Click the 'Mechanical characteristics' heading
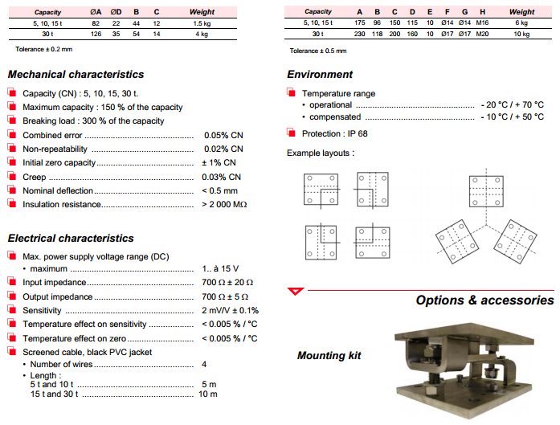pos(76,75)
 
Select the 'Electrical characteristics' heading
pos(71,239)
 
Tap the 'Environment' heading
pos(320,75)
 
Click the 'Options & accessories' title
pos(484,300)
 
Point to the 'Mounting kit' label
pos(329,355)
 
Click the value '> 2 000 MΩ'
pos(224,204)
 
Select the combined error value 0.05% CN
pos(223,135)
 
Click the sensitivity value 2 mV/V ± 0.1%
pos(230,310)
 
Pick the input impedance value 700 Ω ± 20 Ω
pos(227,283)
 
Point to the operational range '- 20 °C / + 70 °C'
pos(511,105)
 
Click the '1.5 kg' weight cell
pos(202,24)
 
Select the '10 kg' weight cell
pos(521,35)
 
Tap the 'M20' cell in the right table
pos(481,35)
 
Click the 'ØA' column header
pos(96,12)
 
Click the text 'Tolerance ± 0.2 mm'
pos(45,50)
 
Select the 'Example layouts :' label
pos(321,153)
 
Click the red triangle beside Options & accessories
pos(296,290)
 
